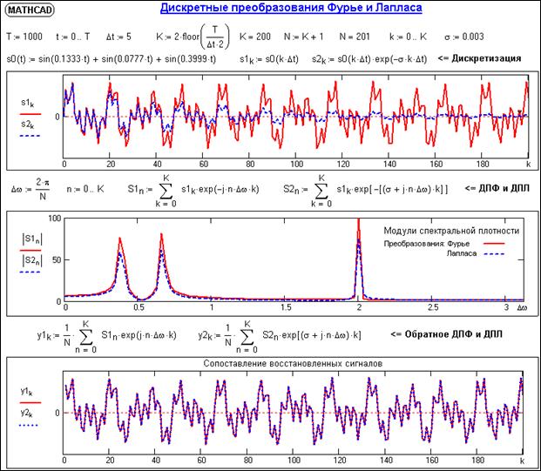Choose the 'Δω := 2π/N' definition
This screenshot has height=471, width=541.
tap(29, 188)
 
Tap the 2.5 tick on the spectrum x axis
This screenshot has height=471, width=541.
tap(433, 308)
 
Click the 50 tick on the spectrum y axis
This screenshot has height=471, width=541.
tap(53, 259)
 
